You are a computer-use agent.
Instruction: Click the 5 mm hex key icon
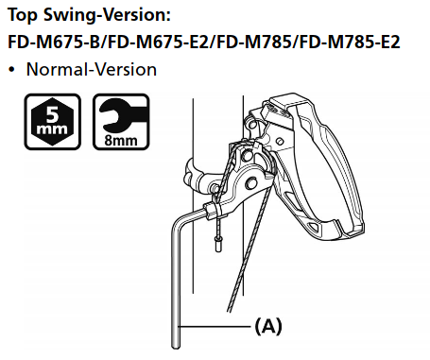click(53, 122)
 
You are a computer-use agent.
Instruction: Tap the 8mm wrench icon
click(121, 122)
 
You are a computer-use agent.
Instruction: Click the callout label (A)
click(268, 327)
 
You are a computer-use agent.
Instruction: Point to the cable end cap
click(217, 244)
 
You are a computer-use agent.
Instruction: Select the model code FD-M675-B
click(54, 42)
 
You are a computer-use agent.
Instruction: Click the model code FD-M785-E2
click(350, 42)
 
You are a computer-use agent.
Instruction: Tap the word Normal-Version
click(92, 69)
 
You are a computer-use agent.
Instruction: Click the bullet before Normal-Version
click(11, 70)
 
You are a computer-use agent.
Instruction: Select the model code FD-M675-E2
click(159, 42)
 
